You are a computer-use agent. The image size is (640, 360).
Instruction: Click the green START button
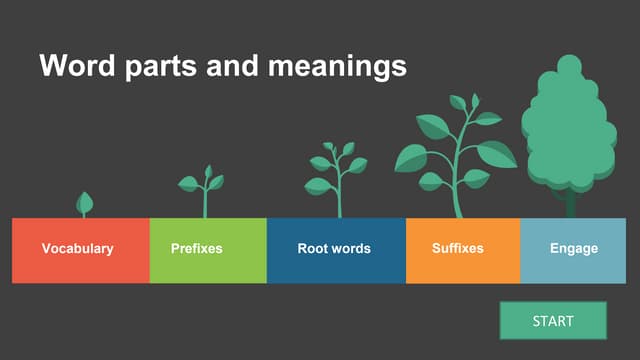click(553, 321)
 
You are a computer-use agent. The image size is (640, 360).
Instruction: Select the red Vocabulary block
click(80, 250)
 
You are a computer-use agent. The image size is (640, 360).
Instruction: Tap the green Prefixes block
click(208, 250)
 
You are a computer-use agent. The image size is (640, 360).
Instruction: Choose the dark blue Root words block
click(336, 250)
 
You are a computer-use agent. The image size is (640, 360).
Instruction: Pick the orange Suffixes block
click(463, 250)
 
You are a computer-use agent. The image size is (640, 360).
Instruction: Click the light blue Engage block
click(574, 250)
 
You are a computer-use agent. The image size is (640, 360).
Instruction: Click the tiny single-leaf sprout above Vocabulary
click(85, 204)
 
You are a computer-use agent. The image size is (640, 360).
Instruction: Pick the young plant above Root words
click(337, 175)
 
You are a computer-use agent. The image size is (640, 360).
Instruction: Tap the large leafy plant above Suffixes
click(455, 150)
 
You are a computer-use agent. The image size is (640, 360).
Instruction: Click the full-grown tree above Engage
click(569, 125)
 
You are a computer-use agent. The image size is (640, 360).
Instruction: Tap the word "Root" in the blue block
click(314, 249)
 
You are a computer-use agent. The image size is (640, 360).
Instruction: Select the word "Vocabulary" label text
click(77, 249)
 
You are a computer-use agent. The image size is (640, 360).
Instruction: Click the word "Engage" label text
click(574, 249)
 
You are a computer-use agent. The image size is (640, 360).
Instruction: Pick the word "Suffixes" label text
click(458, 249)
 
